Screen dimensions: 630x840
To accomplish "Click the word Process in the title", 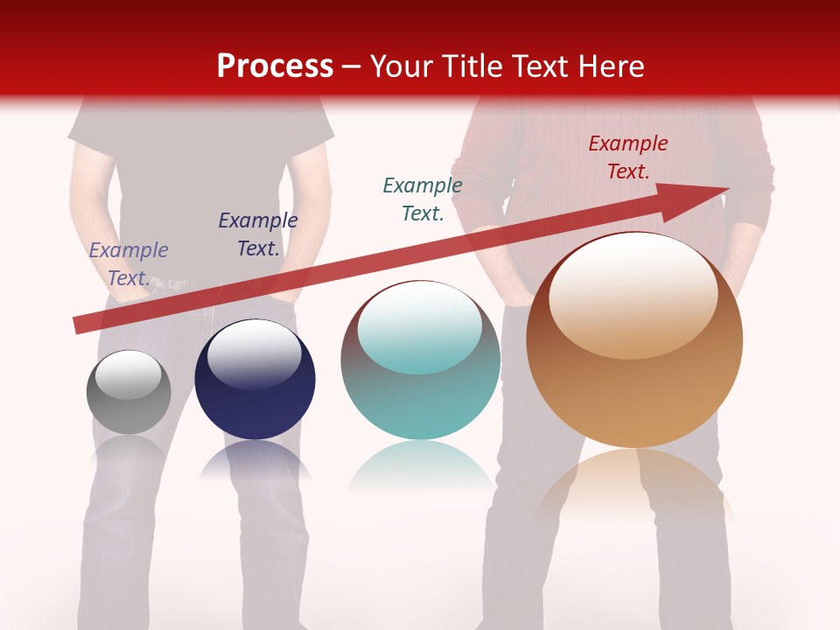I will [x=275, y=66].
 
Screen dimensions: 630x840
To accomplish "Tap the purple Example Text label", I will [x=129, y=264].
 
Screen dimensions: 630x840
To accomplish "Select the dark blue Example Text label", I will [x=258, y=234].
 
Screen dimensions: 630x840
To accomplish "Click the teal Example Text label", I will [x=423, y=199].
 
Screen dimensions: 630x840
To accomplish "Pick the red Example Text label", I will [x=628, y=157].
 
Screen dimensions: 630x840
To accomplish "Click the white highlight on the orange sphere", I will [x=633, y=295].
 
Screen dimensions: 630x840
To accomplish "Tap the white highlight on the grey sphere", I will [x=129, y=374].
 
